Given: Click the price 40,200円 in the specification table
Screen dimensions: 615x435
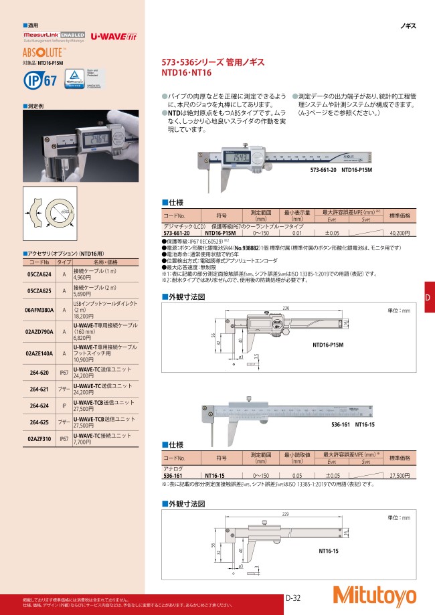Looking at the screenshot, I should pyautogui.click(x=399, y=233).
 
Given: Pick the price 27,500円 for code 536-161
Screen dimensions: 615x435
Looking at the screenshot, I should pyautogui.click(x=399, y=474).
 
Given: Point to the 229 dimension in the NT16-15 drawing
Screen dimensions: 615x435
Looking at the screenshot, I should pyautogui.click(x=268, y=514).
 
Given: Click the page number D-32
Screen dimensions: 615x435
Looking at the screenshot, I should pyautogui.click(x=292, y=598).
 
